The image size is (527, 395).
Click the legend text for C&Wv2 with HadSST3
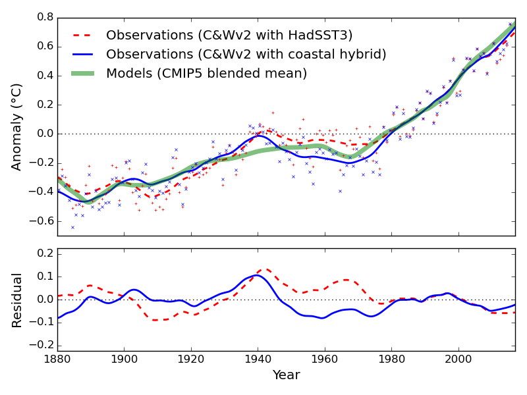pos(229,35)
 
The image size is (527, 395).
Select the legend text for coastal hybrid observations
pos(246,54)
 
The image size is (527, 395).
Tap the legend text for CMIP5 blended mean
pos(206,73)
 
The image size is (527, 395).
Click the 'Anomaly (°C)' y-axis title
pos(17,126)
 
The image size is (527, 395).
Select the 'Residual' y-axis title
pos(17,300)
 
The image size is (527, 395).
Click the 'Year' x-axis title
pos(286,375)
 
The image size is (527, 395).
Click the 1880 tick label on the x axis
pos(57,359)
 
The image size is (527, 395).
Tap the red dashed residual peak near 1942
pos(265,269)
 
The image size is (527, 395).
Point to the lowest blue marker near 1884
pos(72,227)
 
